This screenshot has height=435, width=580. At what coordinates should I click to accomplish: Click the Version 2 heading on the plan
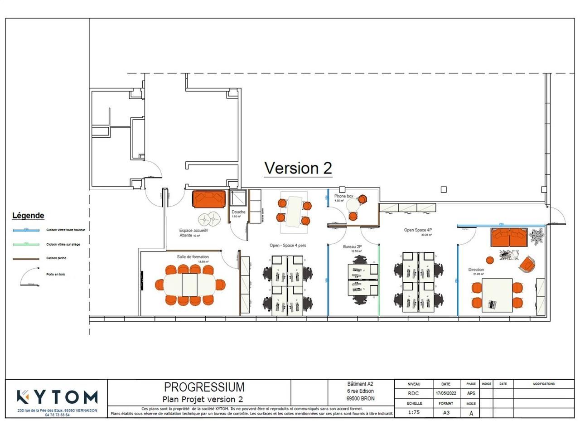(x=298, y=168)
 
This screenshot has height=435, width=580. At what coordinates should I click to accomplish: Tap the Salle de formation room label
(x=193, y=257)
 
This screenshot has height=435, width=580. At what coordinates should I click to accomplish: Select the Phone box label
(x=343, y=196)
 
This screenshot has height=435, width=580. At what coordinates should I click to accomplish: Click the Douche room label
(x=238, y=212)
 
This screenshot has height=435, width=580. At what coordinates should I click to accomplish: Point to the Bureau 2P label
(x=352, y=247)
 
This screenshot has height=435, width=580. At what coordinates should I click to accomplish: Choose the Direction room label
(x=476, y=270)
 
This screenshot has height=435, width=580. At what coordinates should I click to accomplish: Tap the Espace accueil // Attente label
(x=193, y=233)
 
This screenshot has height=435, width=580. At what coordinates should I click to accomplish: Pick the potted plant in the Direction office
(x=537, y=236)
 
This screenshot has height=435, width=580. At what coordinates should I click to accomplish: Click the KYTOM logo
(x=57, y=397)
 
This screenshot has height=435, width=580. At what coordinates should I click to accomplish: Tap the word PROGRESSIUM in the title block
(x=204, y=387)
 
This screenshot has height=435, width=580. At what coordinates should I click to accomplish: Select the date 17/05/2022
(x=445, y=393)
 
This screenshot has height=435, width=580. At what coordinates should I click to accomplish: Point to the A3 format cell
(x=446, y=413)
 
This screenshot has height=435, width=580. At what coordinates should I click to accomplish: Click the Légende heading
(x=28, y=216)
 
